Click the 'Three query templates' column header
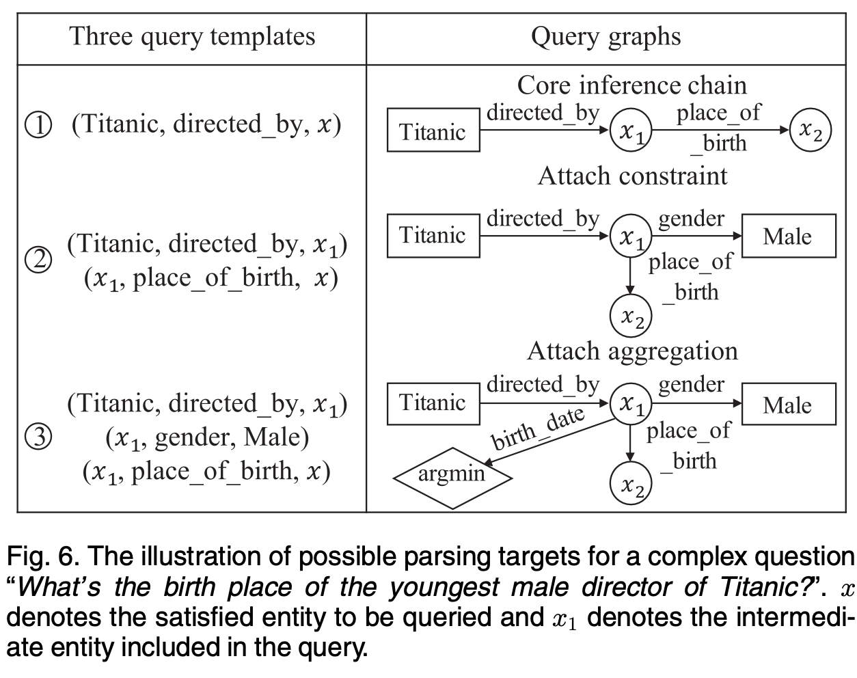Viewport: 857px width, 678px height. click(x=192, y=36)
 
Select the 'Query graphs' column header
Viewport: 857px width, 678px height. click(x=606, y=36)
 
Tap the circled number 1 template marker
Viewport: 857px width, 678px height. click(x=38, y=125)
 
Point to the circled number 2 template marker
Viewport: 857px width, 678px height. click(x=38, y=260)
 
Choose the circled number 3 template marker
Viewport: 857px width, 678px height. click(x=38, y=437)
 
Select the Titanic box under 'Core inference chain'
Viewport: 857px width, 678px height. click(x=433, y=130)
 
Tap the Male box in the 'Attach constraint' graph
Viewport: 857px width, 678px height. click(x=787, y=236)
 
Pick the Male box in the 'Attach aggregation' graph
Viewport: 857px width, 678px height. click(x=787, y=405)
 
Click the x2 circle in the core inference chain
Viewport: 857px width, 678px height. click(x=811, y=130)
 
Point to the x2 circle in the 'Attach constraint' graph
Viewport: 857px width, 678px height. click(x=630, y=316)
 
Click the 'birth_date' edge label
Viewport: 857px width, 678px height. click(x=539, y=429)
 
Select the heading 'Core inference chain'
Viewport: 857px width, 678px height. click(x=631, y=85)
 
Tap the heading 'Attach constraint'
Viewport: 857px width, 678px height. click(x=632, y=176)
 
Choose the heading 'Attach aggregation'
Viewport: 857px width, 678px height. click(x=632, y=351)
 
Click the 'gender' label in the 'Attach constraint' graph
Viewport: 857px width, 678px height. click(x=691, y=219)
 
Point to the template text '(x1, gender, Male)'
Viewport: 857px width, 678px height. click(x=206, y=437)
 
